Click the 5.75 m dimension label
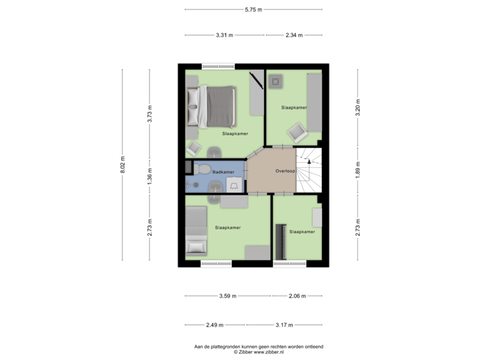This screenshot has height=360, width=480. point(253,9)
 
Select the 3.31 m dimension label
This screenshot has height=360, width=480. point(225,35)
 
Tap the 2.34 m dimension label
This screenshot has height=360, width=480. point(294,35)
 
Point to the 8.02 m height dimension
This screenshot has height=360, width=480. point(123,165)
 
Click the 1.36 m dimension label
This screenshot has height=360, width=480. point(150,177)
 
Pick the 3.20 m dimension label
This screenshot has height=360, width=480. point(357,108)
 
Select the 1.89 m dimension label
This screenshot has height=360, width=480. point(357,170)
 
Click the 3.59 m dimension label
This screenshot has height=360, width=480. point(228,296)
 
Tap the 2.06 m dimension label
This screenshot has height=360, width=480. point(297,296)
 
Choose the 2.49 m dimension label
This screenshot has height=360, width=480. point(215,325)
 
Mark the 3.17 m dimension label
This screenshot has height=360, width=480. point(284,325)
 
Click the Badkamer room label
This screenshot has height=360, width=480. point(223,172)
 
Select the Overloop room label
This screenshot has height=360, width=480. point(285,171)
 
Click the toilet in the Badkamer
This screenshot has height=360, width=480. point(201,169)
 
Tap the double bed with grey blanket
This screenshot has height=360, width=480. point(212,107)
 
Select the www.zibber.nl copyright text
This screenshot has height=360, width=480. point(259,352)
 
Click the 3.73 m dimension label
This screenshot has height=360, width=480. point(150,114)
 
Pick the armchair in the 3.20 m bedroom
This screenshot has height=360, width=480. point(297,133)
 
